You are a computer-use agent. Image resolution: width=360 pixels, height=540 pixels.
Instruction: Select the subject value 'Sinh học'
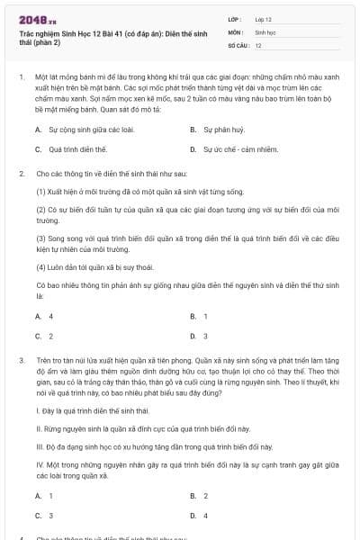[265, 31]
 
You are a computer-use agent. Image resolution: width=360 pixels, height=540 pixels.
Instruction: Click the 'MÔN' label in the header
[235, 31]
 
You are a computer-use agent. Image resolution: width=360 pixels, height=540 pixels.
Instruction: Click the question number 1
[21, 77]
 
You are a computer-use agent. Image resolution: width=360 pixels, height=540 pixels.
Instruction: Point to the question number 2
[21, 172]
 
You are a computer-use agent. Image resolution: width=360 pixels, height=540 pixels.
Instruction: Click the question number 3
[21, 358]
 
